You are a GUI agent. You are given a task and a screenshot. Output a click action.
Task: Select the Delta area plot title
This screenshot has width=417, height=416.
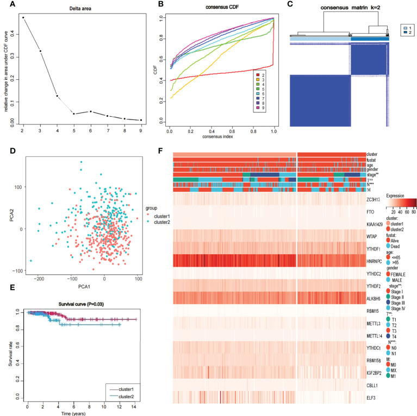pyautogui.click(x=72, y=9)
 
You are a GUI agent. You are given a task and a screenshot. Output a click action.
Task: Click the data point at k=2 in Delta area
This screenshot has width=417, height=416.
pyautogui.click(x=23, y=17)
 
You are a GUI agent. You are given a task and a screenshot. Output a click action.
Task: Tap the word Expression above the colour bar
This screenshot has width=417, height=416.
pyautogui.click(x=396, y=193)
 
